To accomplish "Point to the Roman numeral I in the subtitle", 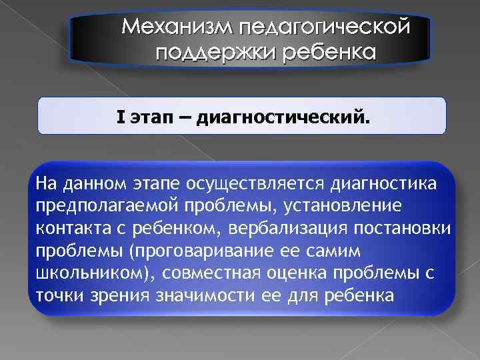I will pos(120,117).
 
